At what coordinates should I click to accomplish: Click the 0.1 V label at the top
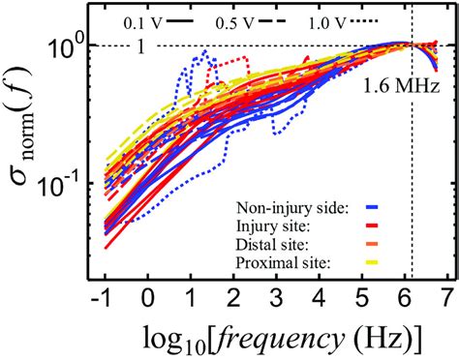tap(142, 19)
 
